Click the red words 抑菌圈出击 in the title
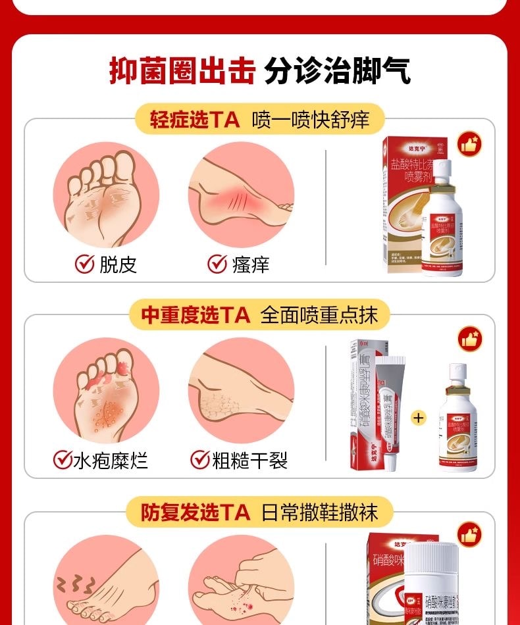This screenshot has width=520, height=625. tap(181, 70)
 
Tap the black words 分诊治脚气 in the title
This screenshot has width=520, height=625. tap(338, 70)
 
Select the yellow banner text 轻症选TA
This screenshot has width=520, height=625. tap(190, 120)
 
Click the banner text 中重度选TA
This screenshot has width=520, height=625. tap(195, 315)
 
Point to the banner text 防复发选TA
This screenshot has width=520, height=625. tap(195, 511)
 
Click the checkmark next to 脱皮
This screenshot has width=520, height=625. tap(84, 264)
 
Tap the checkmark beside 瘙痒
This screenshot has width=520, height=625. tap(217, 264)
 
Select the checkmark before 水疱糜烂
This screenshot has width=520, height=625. tap(63, 459)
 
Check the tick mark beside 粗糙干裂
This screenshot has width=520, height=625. tap(199, 459)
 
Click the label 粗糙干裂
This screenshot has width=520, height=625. tap(249, 459)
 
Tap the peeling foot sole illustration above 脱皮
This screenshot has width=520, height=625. tap(106, 195)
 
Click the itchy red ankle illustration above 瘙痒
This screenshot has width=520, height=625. tap(241, 195)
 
